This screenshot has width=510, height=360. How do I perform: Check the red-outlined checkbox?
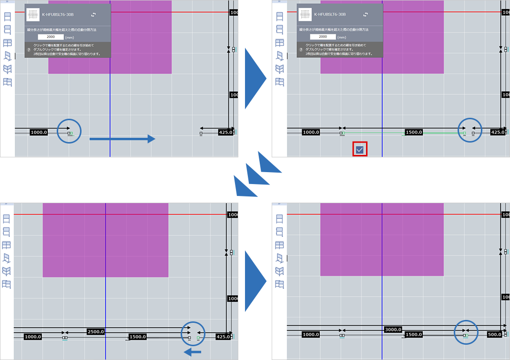360,150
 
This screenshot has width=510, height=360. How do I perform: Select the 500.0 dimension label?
494,335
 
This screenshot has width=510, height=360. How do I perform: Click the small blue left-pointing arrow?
193,352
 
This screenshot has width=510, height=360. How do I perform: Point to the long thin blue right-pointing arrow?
122,139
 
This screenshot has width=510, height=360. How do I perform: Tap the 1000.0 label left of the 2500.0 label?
32,337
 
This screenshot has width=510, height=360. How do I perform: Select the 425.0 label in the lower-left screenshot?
223,337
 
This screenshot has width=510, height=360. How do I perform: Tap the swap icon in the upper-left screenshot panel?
93,15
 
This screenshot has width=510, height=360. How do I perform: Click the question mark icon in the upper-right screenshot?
301,49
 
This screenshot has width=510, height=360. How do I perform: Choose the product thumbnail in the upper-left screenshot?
33,15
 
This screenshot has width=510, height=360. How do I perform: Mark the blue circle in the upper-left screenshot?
69,131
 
